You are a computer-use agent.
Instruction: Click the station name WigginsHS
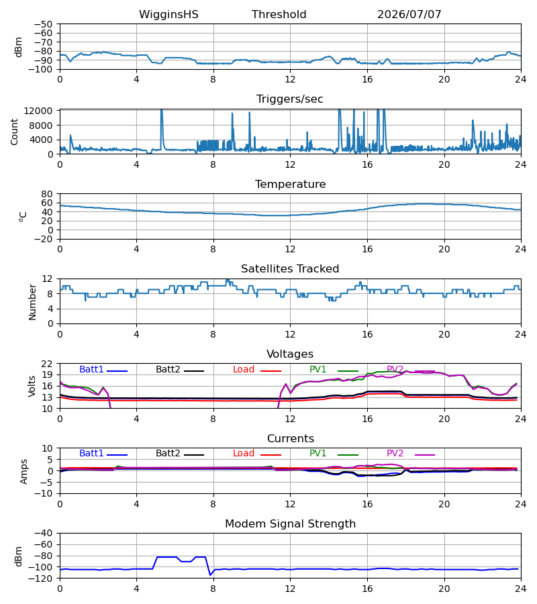168,14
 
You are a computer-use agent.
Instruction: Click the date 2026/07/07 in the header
409,14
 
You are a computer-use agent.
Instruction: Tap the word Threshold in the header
279,14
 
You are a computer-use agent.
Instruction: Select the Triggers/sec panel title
290,99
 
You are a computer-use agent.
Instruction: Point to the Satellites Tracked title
290,269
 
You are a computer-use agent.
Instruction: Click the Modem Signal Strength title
290,524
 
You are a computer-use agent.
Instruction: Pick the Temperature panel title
290,184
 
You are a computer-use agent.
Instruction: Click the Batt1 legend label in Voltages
91,369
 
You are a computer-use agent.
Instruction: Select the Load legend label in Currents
244,454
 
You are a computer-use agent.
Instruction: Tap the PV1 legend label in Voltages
318,369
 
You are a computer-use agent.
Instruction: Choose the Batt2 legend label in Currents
168,454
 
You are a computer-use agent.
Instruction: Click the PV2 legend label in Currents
395,454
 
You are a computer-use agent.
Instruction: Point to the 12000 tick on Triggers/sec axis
38,111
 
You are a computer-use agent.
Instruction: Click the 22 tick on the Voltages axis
47,364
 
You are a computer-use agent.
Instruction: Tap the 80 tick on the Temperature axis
47,194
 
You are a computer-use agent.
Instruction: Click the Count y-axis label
14,132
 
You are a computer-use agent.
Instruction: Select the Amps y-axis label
24,472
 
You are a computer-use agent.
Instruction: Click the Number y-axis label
32,302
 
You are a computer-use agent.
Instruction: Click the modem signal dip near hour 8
210,574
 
